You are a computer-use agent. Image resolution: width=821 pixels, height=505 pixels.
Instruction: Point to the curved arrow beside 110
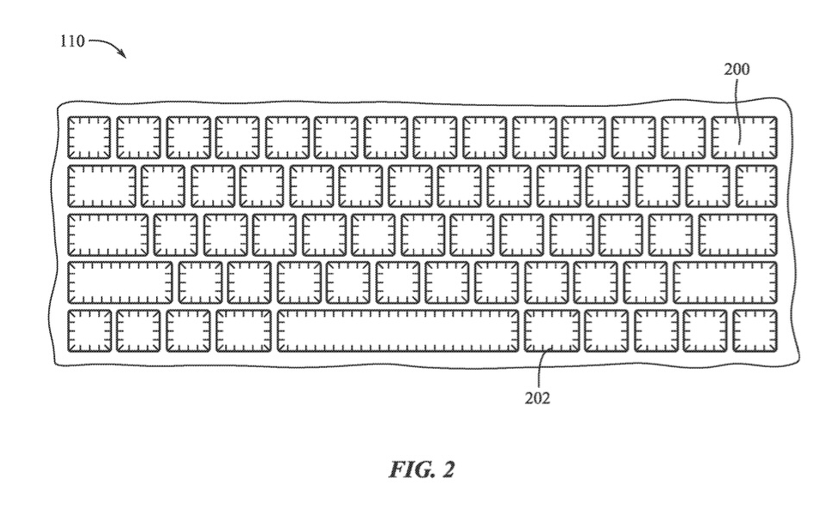[x=109, y=46]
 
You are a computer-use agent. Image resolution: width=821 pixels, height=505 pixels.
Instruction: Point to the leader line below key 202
[x=539, y=371]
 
